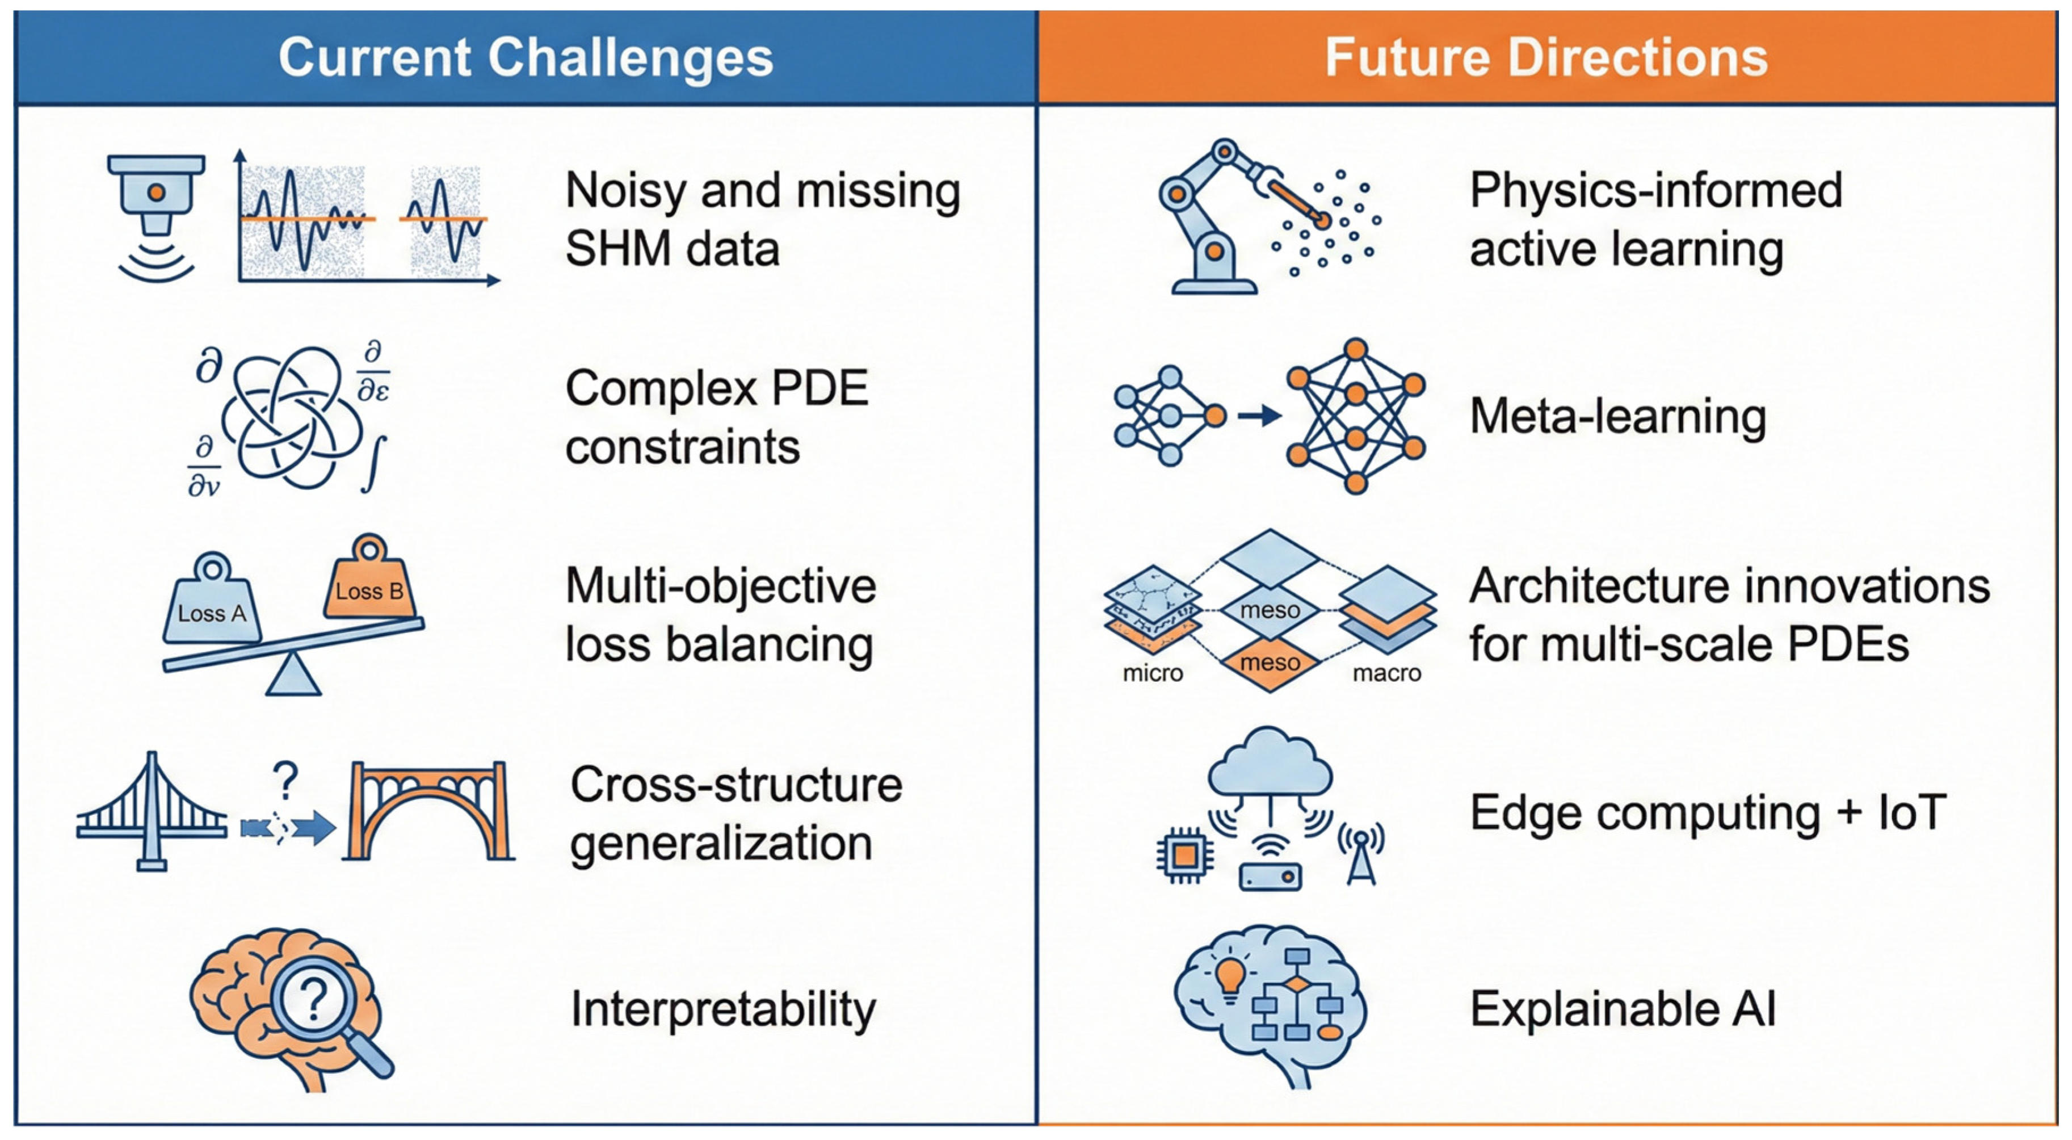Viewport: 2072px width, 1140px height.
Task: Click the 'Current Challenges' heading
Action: coord(526,58)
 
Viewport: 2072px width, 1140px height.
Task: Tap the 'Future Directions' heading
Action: coord(1545,58)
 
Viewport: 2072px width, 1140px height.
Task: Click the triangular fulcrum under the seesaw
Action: coord(293,675)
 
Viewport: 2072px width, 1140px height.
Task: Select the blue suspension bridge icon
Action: coord(151,812)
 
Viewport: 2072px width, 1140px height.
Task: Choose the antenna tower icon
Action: coord(1360,853)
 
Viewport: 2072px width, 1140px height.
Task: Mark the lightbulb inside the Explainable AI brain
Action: coord(1229,978)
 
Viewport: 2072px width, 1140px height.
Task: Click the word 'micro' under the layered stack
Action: coord(1152,673)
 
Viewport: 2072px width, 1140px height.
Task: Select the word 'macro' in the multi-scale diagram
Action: coord(1386,673)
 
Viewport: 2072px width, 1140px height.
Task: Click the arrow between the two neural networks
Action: coord(1258,416)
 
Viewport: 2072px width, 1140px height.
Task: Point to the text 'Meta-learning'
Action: coord(1617,417)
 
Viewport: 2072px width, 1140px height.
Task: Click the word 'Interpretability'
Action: coord(722,1009)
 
